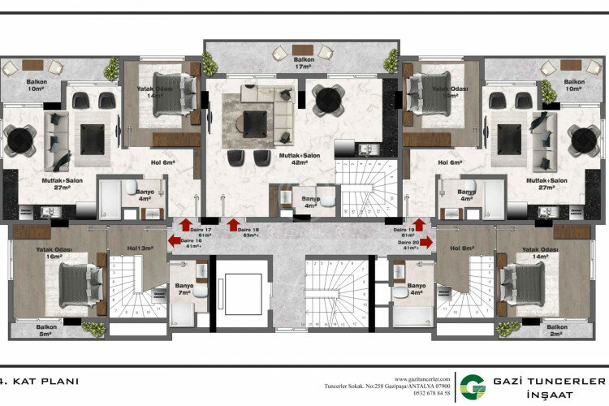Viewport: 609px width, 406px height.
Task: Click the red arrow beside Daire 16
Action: point(175,240)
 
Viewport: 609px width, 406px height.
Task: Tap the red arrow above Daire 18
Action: point(234,225)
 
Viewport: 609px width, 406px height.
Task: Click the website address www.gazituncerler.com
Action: point(422,378)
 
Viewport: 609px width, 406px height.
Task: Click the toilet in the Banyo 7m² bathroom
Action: point(203,291)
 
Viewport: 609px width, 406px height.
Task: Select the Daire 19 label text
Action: point(406,231)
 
